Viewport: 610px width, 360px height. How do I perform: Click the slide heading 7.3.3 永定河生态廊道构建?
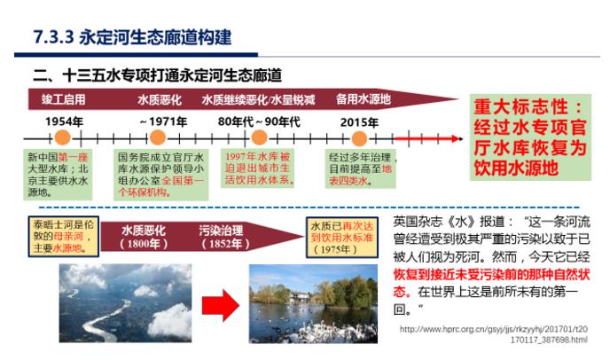[x=132, y=37]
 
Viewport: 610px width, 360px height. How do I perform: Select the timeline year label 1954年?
[x=65, y=121]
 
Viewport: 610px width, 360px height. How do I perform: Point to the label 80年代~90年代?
[x=260, y=121]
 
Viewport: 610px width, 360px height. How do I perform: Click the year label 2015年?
[x=360, y=121]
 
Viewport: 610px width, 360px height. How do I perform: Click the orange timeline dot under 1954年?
[x=62, y=138]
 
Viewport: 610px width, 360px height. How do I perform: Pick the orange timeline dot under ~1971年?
[x=158, y=138]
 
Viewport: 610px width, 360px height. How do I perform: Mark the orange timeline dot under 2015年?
[x=359, y=138]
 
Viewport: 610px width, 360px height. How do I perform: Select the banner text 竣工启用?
[x=63, y=98]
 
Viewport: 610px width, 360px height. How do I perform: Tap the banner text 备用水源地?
[x=364, y=98]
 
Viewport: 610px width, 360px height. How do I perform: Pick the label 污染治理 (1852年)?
[x=222, y=236]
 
